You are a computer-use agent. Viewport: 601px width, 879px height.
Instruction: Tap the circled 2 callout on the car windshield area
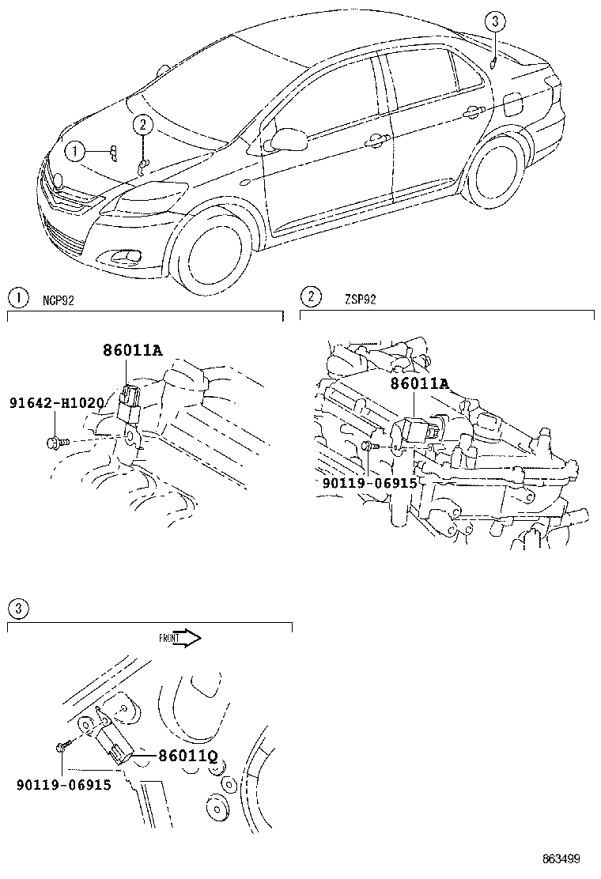click(x=142, y=124)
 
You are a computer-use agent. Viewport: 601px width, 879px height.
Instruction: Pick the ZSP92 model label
click(x=360, y=298)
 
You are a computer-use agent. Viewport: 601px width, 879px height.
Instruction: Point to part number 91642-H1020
click(x=56, y=403)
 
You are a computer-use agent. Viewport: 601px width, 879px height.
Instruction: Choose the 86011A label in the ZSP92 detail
click(x=419, y=384)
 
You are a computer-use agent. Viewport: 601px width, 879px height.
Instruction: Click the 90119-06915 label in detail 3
click(x=63, y=785)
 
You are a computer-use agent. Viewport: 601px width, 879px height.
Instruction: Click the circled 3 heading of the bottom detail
click(x=17, y=608)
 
